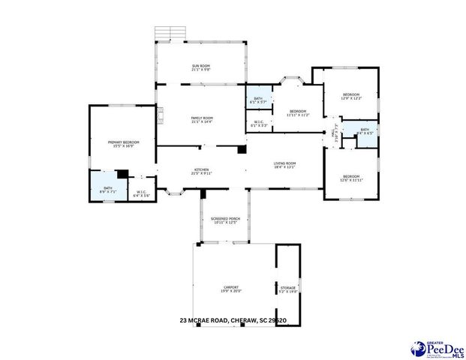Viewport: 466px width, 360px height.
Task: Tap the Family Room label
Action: click(202, 119)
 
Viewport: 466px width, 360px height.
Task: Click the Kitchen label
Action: click(202, 171)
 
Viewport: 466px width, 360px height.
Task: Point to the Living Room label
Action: click(284, 165)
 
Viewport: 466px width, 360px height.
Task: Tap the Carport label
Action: click(232, 289)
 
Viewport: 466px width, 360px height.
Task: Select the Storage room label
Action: click(288, 289)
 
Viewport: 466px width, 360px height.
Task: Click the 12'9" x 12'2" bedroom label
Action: click(351, 96)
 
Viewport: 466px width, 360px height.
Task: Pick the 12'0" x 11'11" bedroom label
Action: click(351, 178)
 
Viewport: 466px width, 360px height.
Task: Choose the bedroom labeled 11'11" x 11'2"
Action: click(298, 112)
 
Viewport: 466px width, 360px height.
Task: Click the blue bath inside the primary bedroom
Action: click(107, 190)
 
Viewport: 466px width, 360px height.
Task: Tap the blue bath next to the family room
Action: click(258, 100)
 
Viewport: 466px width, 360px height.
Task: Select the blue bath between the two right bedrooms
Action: click(365, 131)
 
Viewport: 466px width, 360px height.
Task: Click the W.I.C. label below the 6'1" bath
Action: click(258, 124)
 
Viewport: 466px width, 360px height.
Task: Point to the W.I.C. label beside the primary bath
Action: click(142, 192)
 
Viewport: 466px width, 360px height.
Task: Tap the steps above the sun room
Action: click(170, 33)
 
